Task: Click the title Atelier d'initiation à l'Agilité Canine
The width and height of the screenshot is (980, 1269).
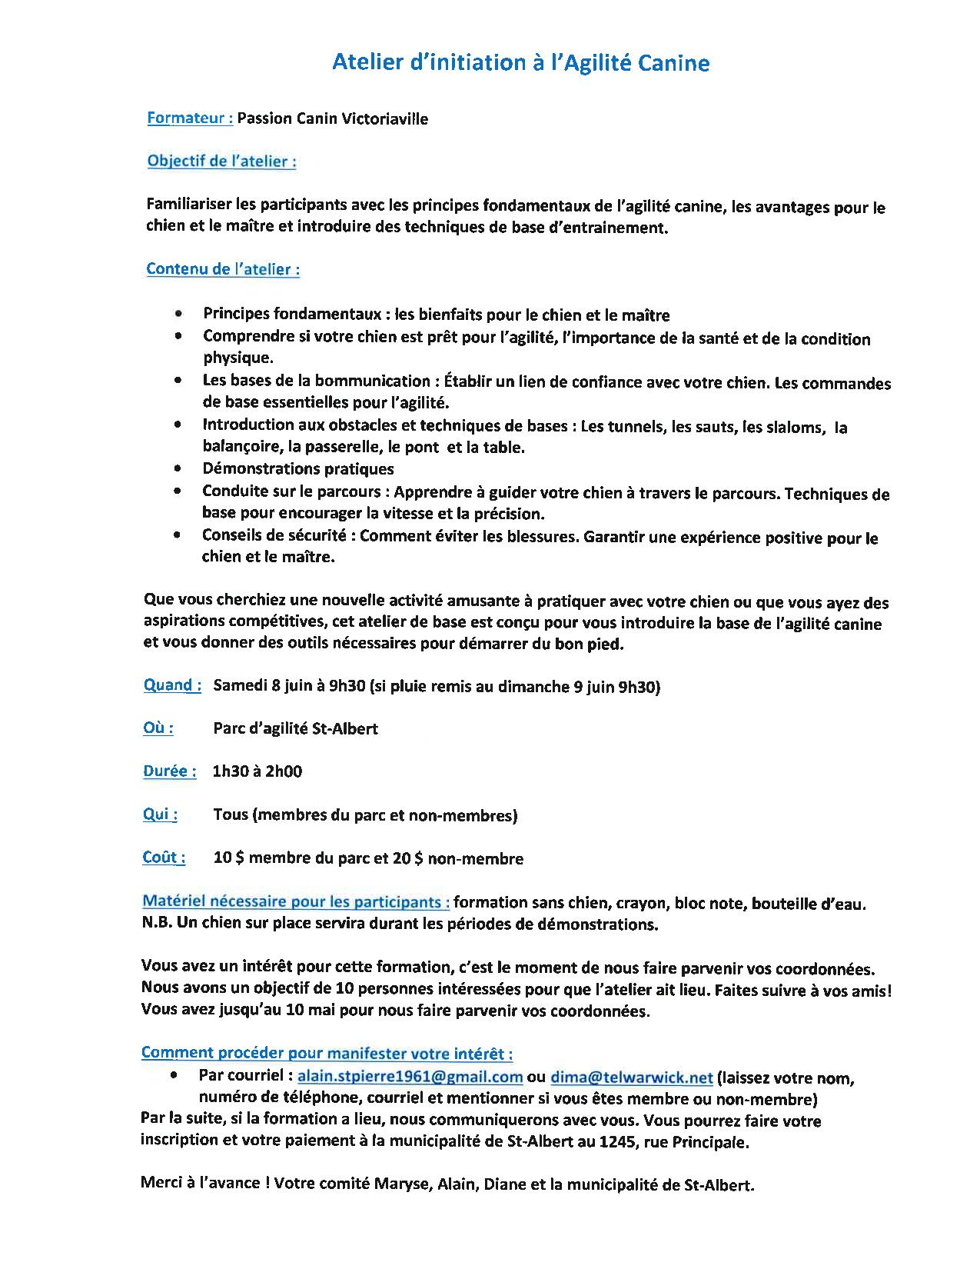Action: click(520, 63)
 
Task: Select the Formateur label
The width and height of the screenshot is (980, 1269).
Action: click(190, 118)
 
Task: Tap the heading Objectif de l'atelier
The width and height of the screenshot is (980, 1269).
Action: click(221, 162)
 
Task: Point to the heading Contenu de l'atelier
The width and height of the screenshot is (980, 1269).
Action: click(223, 269)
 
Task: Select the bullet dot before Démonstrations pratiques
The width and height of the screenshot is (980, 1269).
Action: click(178, 468)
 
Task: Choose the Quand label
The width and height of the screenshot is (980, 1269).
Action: click(172, 685)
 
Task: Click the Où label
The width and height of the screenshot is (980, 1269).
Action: click(158, 728)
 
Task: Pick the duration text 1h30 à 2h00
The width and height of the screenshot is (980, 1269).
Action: click(257, 771)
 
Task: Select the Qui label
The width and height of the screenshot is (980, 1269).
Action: click(160, 814)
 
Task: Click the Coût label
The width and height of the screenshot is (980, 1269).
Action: click(164, 858)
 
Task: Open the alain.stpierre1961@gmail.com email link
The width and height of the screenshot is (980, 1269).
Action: click(410, 1077)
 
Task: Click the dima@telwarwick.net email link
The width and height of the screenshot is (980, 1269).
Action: click(631, 1077)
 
